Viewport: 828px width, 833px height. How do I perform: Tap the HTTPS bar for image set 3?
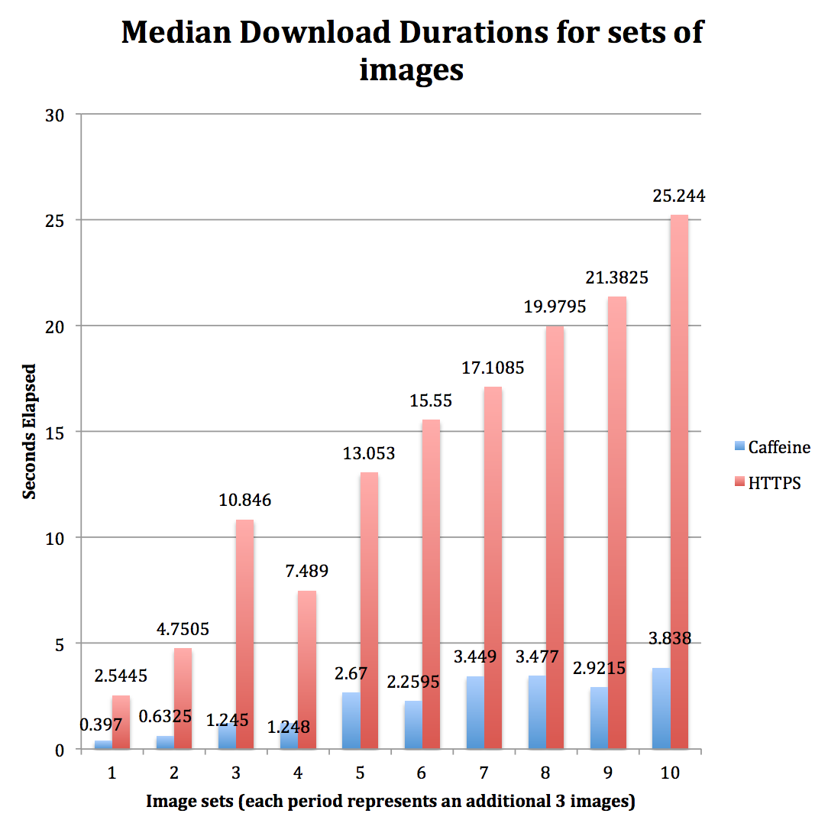[244, 634]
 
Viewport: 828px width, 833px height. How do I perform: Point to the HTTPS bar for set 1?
[121, 722]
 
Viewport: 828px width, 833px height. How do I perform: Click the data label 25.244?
[679, 196]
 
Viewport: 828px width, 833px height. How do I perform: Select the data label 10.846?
[245, 501]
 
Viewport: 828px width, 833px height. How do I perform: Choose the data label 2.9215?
[599, 668]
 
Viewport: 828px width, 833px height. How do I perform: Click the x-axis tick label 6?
[422, 773]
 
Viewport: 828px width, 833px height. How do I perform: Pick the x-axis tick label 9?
[608, 773]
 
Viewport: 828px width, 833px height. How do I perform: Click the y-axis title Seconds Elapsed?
[29, 432]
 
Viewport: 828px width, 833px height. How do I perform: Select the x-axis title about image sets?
[390, 802]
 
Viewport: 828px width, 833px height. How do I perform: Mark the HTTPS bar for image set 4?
[307, 669]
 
